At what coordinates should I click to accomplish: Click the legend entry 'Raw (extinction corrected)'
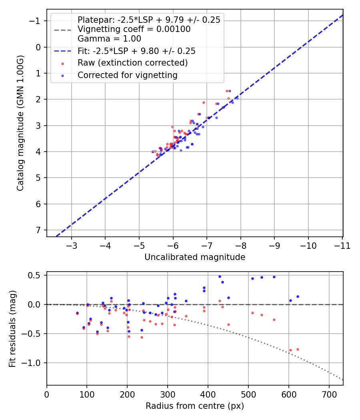pyautogui.click(x=132, y=63)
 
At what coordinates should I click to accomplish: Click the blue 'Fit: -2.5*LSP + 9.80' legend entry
pyautogui.click(x=136, y=51)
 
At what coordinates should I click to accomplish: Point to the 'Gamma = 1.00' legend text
pyautogui.click(x=109, y=39)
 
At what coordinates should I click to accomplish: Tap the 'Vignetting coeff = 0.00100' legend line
pyautogui.click(x=134, y=29)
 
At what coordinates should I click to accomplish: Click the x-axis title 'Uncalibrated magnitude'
pyautogui.click(x=195, y=257)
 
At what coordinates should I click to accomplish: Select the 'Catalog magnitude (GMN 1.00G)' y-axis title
pyautogui.click(x=20, y=123)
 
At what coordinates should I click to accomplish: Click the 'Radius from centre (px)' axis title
pyautogui.click(x=195, y=406)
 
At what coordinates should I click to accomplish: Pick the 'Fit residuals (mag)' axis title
pyautogui.click(x=12, y=328)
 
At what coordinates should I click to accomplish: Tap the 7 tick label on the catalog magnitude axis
pyautogui.click(x=38, y=230)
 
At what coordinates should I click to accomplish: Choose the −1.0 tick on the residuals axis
pyautogui.click(x=34, y=363)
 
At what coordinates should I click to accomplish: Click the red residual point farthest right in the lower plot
pyautogui.click(x=298, y=349)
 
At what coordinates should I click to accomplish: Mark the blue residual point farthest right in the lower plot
pyautogui.click(x=298, y=296)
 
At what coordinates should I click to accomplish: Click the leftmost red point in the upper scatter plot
pyautogui.click(x=152, y=152)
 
